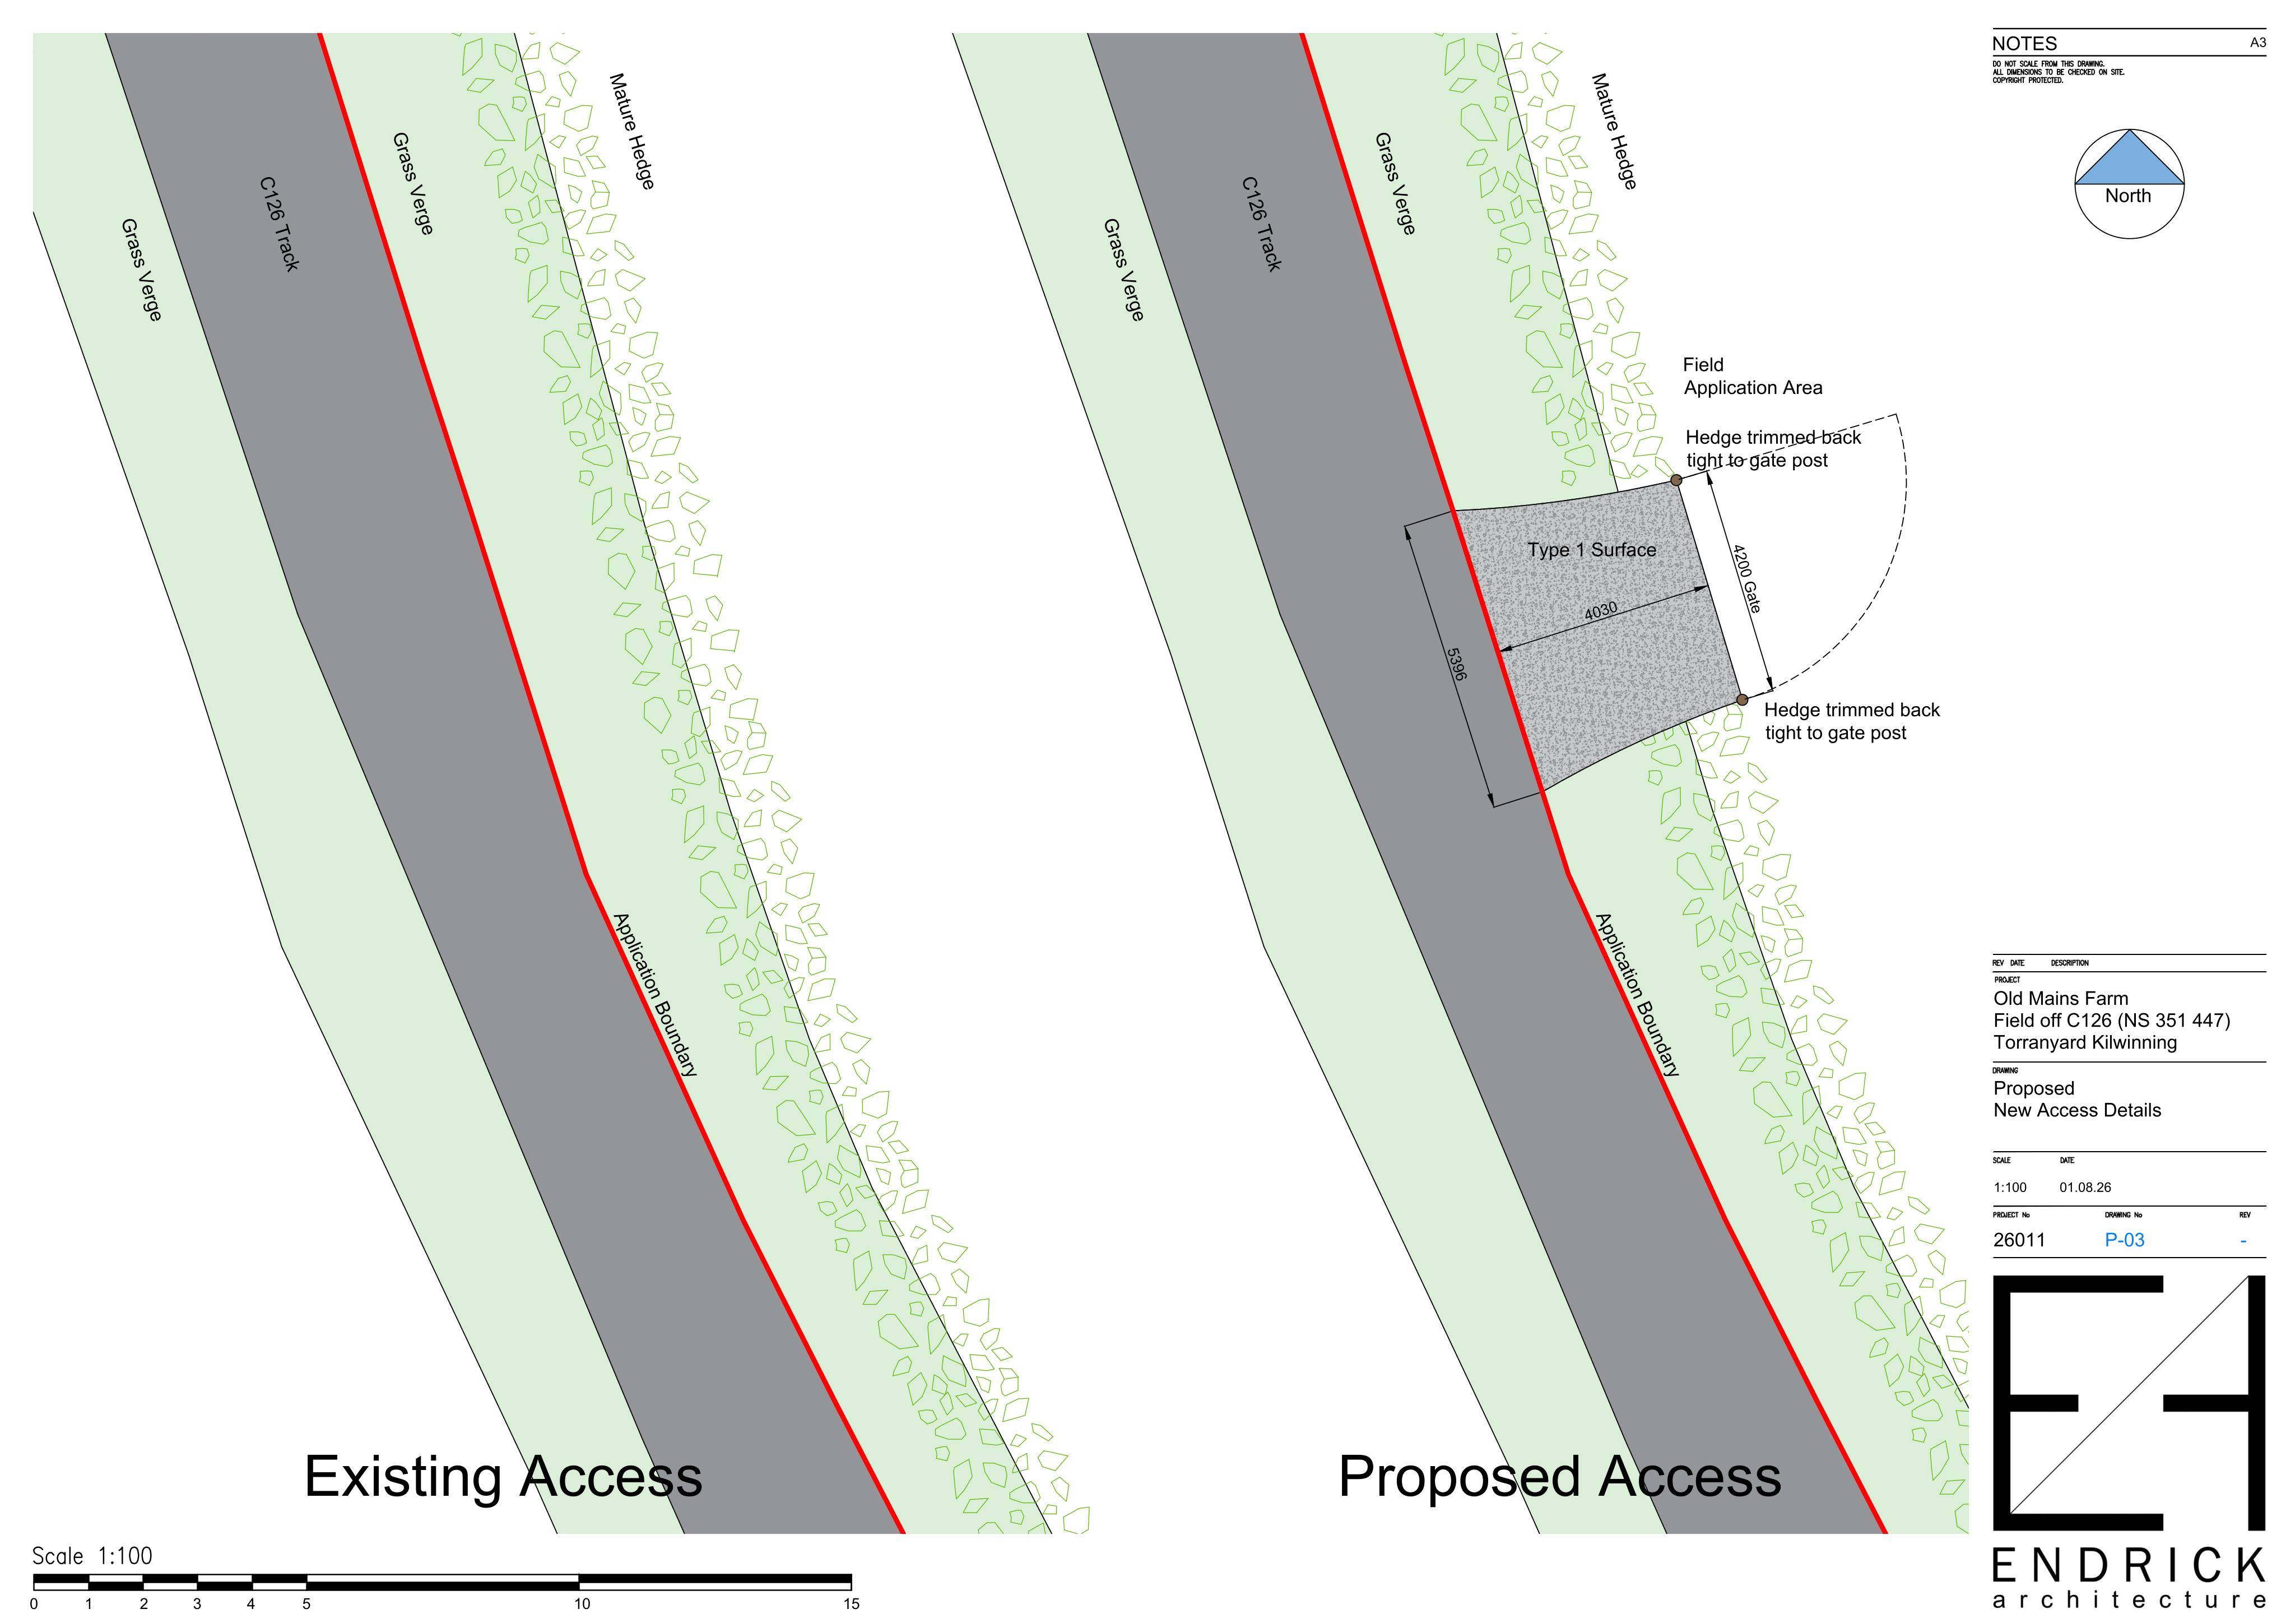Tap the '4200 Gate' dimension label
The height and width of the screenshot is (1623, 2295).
(x=1746, y=578)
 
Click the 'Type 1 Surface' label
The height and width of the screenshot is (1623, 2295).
(x=1591, y=550)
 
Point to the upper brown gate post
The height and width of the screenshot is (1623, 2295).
(x=1676, y=480)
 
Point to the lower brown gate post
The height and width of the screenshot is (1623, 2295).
(x=1742, y=700)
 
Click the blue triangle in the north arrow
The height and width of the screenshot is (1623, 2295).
(x=2129, y=158)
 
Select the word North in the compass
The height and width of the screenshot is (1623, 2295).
(x=2128, y=196)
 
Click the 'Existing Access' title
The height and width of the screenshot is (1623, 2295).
(x=503, y=1476)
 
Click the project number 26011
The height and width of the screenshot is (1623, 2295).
(x=2019, y=1240)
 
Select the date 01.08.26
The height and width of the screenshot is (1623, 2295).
(x=2085, y=1188)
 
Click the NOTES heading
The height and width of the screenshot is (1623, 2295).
(x=2024, y=43)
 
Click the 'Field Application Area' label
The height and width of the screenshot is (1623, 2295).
(x=1752, y=376)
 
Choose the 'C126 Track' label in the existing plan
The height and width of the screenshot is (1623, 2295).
(x=279, y=224)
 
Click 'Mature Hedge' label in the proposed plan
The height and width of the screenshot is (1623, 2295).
(x=1613, y=131)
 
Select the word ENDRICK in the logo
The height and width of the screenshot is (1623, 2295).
(x=2129, y=1565)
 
